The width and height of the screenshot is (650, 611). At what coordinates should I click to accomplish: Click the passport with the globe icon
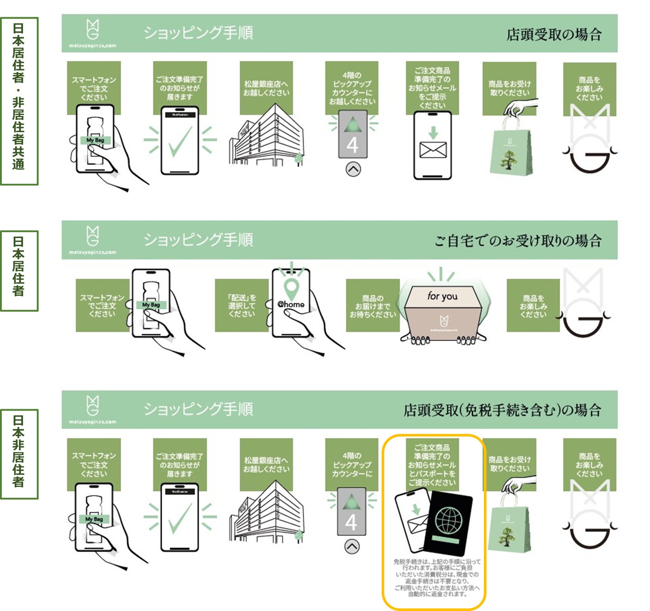click(x=448, y=524)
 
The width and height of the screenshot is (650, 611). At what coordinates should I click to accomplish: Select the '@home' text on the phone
click(x=291, y=304)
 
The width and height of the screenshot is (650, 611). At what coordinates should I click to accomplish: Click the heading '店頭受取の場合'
click(x=554, y=34)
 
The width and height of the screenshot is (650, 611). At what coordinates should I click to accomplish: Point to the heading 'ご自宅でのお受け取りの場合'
click(x=518, y=240)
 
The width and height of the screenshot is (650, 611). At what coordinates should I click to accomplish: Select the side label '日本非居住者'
click(x=19, y=454)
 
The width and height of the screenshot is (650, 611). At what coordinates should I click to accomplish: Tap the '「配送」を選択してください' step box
click(x=241, y=305)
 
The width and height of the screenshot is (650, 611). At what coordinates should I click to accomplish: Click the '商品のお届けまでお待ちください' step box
click(x=372, y=305)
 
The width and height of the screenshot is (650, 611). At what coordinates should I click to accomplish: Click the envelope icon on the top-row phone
click(x=433, y=150)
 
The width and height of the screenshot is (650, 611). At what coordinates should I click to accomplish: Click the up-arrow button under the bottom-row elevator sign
click(x=352, y=546)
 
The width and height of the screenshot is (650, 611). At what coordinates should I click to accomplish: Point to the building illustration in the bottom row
click(x=266, y=511)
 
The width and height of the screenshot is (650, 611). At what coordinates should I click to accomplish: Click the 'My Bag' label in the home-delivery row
click(x=151, y=305)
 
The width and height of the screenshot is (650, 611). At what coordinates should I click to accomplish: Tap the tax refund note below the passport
click(x=435, y=578)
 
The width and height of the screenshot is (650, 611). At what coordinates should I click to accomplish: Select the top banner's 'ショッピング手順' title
click(x=198, y=33)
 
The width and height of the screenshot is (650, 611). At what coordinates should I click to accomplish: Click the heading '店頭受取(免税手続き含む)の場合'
click(x=502, y=410)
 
